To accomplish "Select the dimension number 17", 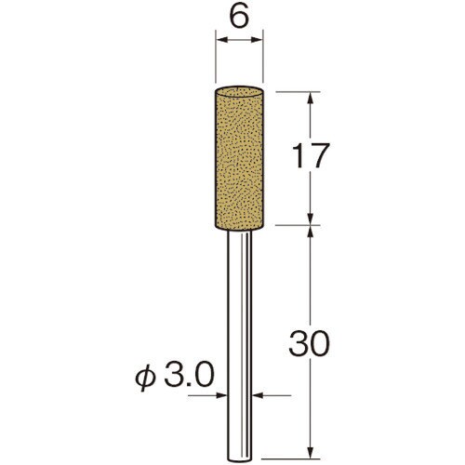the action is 311,156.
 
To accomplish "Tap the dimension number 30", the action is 308,343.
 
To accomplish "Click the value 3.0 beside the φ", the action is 189,375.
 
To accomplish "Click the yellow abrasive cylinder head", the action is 239,159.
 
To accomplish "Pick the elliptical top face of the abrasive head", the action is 239,91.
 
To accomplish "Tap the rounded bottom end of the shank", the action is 239,458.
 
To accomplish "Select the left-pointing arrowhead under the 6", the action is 222,40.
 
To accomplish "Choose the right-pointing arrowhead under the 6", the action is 257,40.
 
